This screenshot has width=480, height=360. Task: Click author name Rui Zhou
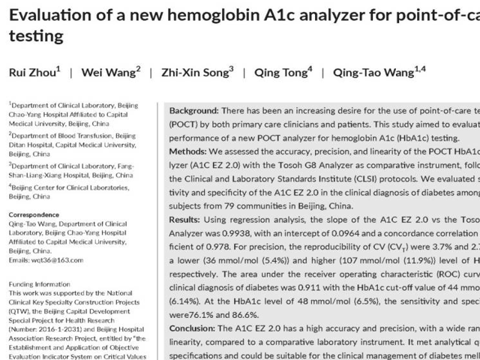pyautogui.click(x=32, y=73)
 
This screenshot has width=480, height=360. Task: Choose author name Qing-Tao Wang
pyautogui.click(x=369, y=73)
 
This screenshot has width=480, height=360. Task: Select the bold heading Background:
pyautogui.click(x=194, y=110)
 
